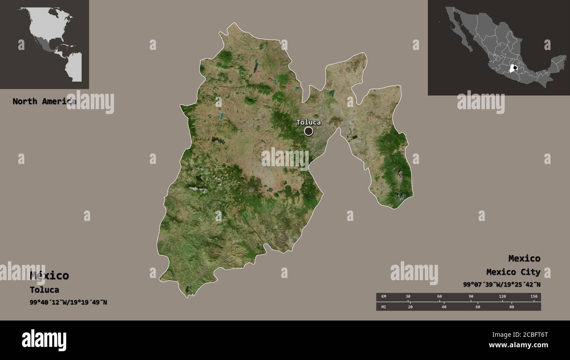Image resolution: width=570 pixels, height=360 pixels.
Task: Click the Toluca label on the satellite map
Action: (308, 122)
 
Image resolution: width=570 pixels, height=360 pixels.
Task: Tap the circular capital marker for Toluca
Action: (309, 131)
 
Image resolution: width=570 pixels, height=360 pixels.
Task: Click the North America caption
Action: (44, 101)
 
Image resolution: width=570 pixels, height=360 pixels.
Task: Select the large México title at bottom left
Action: (49, 275)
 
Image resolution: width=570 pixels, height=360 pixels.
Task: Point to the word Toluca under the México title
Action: (44, 290)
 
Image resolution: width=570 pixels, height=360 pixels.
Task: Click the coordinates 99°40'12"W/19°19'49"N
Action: (68, 303)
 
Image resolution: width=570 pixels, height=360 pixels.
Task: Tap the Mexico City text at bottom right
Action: (513, 272)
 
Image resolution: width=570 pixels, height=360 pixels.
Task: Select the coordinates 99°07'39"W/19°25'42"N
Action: (502, 285)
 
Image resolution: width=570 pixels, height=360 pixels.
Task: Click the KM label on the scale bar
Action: (384, 297)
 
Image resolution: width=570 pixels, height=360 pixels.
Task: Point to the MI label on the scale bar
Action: (384, 307)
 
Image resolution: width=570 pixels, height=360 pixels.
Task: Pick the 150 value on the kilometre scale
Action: (534, 297)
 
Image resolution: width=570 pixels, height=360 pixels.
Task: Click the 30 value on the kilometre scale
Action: (408, 297)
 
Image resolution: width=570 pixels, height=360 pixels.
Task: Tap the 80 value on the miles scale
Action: (511, 307)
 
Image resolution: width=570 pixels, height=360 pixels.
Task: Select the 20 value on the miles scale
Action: (410, 307)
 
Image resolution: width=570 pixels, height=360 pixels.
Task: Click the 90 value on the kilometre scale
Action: (471, 297)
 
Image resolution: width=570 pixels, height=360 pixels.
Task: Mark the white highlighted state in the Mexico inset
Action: (513, 68)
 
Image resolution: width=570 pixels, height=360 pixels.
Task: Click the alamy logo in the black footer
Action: (44, 340)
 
